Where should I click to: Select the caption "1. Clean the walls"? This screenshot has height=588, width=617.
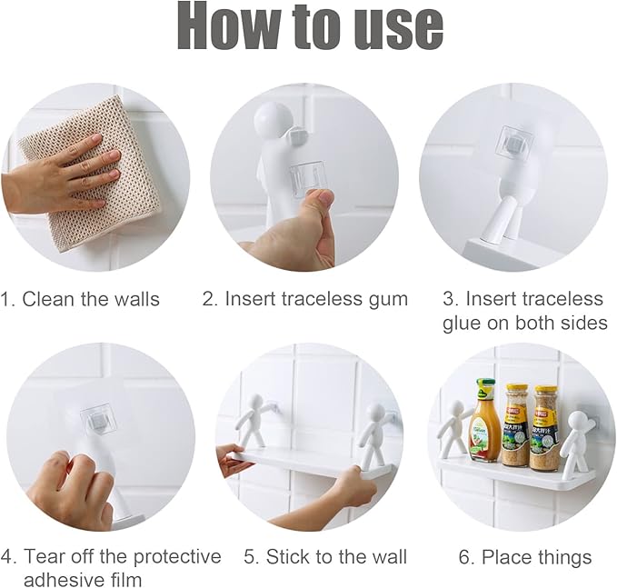(81, 299)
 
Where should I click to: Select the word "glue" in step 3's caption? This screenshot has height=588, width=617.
(463, 324)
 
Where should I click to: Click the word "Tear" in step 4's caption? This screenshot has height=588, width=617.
(45, 556)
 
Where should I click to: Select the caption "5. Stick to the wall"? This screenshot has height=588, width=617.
(325, 557)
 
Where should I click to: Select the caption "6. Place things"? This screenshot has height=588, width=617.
(524, 557)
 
